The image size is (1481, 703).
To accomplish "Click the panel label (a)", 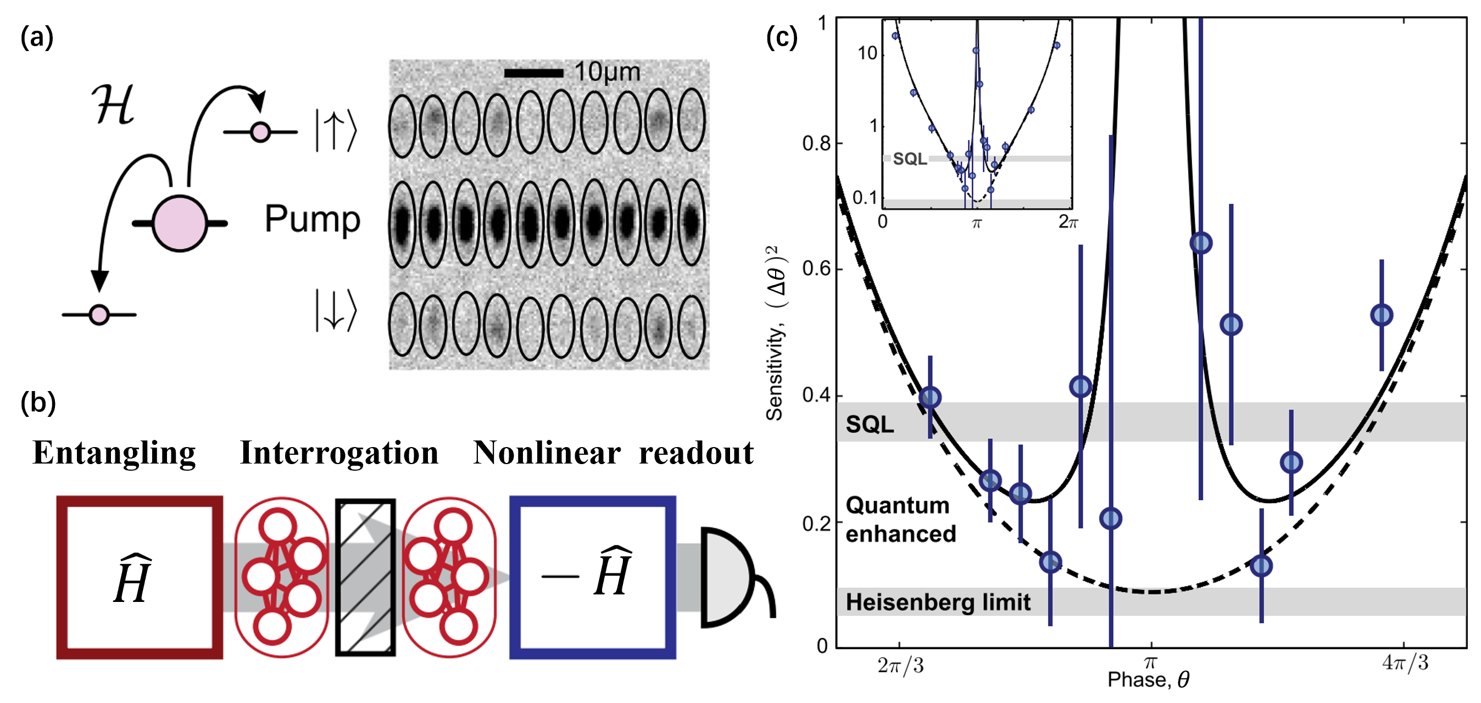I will click(x=37, y=38).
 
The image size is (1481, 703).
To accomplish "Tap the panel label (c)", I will click(x=782, y=38).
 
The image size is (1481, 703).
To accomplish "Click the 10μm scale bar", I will click(x=533, y=73).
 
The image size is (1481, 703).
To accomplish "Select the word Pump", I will click(x=312, y=220).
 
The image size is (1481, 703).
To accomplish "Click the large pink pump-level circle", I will click(x=180, y=223).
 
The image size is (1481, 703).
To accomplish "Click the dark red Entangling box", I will click(x=140, y=577).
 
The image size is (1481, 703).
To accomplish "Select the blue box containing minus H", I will click(x=592, y=577).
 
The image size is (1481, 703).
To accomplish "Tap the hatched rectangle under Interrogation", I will click(x=366, y=577).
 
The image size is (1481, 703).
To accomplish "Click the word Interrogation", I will click(x=339, y=453).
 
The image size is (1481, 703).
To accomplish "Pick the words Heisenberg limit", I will click(x=938, y=602).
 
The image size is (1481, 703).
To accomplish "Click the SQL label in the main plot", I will click(x=870, y=425).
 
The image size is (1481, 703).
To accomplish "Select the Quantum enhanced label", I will click(x=900, y=520).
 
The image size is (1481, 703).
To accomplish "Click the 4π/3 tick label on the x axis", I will click(x=1405, y=663).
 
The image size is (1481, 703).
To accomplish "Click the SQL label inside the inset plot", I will click(x=910, y=159).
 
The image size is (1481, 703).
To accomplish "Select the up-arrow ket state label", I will click(x=336, y=131).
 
